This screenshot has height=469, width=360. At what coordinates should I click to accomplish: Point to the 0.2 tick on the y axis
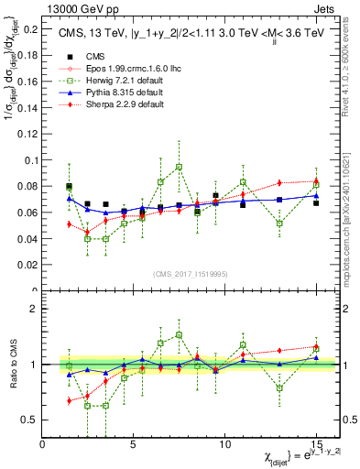point(31,29)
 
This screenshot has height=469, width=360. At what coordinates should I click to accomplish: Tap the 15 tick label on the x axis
point(315,443)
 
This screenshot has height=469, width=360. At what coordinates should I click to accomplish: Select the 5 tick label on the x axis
point(134,443)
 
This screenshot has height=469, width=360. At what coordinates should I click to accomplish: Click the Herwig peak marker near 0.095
point(179,168)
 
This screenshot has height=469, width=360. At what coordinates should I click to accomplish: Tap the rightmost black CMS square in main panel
point(316,202)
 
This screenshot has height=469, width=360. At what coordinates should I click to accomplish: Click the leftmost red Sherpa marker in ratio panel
point(70,400)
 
